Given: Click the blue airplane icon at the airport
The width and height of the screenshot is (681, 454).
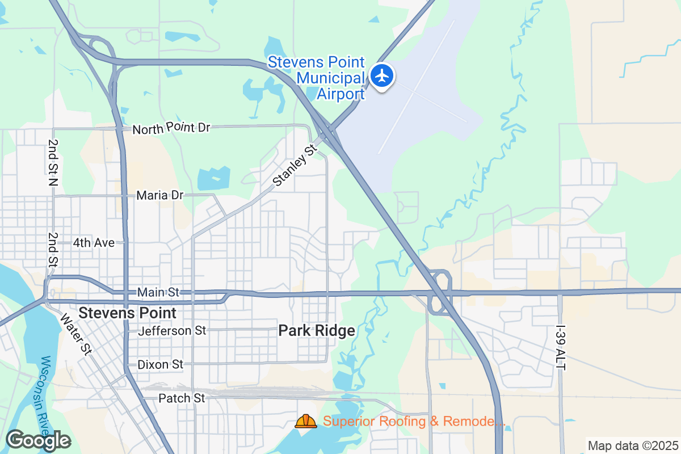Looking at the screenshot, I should click(382, 75).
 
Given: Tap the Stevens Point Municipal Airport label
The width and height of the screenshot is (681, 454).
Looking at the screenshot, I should click(316, 78).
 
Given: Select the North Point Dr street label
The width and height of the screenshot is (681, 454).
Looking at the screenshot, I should click(171, 128).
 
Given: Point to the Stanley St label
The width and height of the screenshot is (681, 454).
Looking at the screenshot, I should click(294, 166).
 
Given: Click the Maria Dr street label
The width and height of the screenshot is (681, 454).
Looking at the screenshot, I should click(160, 195).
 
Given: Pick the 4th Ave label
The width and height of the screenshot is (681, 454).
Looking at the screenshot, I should click(94, 243).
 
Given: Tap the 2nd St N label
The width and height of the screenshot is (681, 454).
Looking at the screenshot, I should click(53, 163).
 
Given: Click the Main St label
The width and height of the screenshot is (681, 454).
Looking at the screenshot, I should click(158, 292).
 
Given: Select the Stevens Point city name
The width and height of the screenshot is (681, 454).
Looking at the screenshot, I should click(127, 313).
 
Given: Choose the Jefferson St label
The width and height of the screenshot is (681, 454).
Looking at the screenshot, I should click(172, 330).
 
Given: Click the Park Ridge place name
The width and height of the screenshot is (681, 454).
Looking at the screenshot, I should click(317, 331).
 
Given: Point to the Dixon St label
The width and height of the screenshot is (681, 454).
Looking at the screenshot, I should click(161, 364).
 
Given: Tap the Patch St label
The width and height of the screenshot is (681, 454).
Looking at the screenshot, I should click(182, 398).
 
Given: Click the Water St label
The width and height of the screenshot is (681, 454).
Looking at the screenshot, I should click(75, 334).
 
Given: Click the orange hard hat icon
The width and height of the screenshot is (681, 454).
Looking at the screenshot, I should click(306, 421).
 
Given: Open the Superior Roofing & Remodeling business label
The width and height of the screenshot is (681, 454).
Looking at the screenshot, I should click(414, 422).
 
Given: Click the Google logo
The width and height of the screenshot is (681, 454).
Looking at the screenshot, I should click(38, 440).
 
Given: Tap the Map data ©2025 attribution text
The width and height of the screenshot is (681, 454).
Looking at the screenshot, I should click(632, 445).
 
